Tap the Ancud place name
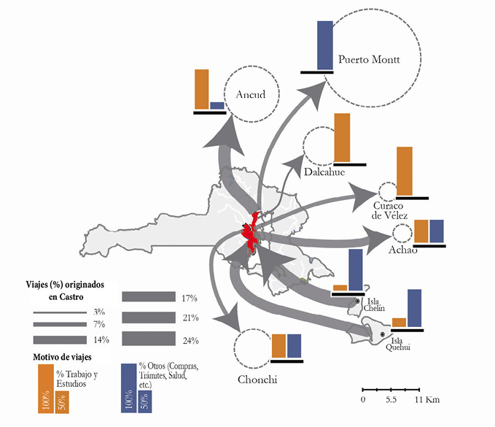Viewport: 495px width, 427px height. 250,94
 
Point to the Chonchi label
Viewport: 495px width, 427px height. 257,380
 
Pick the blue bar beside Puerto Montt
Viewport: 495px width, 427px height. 325,45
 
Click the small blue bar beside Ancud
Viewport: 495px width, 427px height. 217,106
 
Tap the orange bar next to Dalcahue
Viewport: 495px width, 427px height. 341,138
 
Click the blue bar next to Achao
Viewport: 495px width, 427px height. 437,231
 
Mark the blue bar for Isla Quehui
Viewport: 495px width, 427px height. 414,308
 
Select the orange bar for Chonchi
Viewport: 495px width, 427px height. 278,346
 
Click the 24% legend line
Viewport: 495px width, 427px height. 148,339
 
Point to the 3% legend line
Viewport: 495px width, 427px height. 59,312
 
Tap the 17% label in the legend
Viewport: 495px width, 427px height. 189,298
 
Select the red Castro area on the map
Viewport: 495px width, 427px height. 251,233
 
